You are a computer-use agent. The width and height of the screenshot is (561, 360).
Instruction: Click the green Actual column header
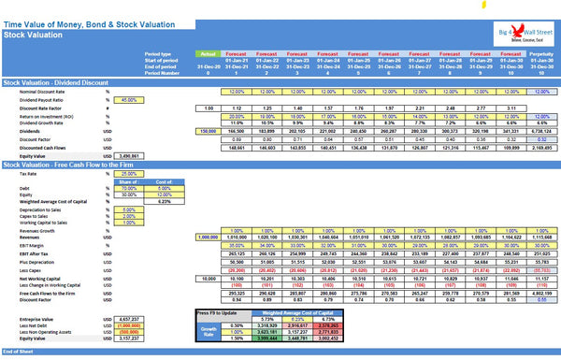click(x=209, y=54)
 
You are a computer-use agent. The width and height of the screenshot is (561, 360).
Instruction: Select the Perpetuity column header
click(x=540, y=54)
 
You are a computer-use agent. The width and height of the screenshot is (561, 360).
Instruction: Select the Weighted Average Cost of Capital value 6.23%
click(x=165, y=201)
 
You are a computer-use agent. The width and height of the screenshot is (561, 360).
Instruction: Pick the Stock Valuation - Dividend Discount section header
click(x=56, y=82)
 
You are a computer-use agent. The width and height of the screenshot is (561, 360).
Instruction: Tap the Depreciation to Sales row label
click(x=41, y=209)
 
